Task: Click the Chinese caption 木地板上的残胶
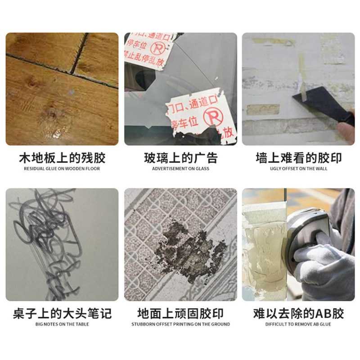coord(62,158)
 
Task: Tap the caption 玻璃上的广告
coord(180,158)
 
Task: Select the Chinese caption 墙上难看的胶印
coord(298,158)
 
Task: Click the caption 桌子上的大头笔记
coord(62,313)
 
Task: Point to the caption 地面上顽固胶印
coord(180,313)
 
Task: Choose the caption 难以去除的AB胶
coord(298,313)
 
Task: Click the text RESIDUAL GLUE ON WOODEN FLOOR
coord(62,169)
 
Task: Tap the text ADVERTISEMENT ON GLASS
coord(180,169)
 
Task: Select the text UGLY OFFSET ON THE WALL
coord(298,169)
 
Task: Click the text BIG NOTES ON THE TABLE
coord(62,324)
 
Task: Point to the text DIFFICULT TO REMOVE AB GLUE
coord(298,324)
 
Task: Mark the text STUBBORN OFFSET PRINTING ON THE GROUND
coord(180,324)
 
